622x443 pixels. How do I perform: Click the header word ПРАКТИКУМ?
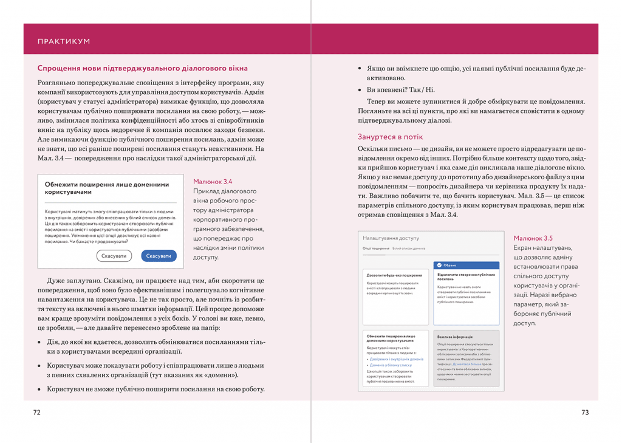pyautogui.click(x=64, y=41)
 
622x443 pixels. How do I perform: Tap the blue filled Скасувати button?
pyautogui.click(x=159, y=256)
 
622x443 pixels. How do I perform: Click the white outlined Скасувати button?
pyautogui.click(x=114, y=256)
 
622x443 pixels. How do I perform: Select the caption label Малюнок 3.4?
pyautogui.click(x=212, y=182)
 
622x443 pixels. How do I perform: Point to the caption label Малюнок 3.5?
pyautogui.click(x=533, y=238)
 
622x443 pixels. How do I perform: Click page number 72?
pyautogui.click(x=37, y=412)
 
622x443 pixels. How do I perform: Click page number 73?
pyautogui.click(x=585, y=412)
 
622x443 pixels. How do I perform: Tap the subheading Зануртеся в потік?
pyautogui.click(x=390, y=137)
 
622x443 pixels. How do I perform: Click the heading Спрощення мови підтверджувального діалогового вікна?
pyautogui.click(x=142, y=68)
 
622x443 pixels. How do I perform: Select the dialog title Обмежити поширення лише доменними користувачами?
pyautogui.click(x=107, y=188)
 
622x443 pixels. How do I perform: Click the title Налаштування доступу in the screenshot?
pyautogui.click(x=391, y=238)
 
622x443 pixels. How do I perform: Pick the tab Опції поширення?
pyautogui.click(x=376, y=249)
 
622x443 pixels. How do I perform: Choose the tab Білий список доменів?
pyautogui.click(x=409, y=249)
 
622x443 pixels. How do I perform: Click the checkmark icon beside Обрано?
pyautogui.click(x=439, y=266)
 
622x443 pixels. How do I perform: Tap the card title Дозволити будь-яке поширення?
pyautogui.click(x=394, y=275)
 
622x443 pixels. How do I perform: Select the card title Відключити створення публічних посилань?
pyautogui.click(x=466, y=276)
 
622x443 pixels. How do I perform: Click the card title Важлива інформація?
pyautogui.click(x=455, y=337)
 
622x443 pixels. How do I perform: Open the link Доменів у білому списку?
pyautogui.click(x=391, y=365)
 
